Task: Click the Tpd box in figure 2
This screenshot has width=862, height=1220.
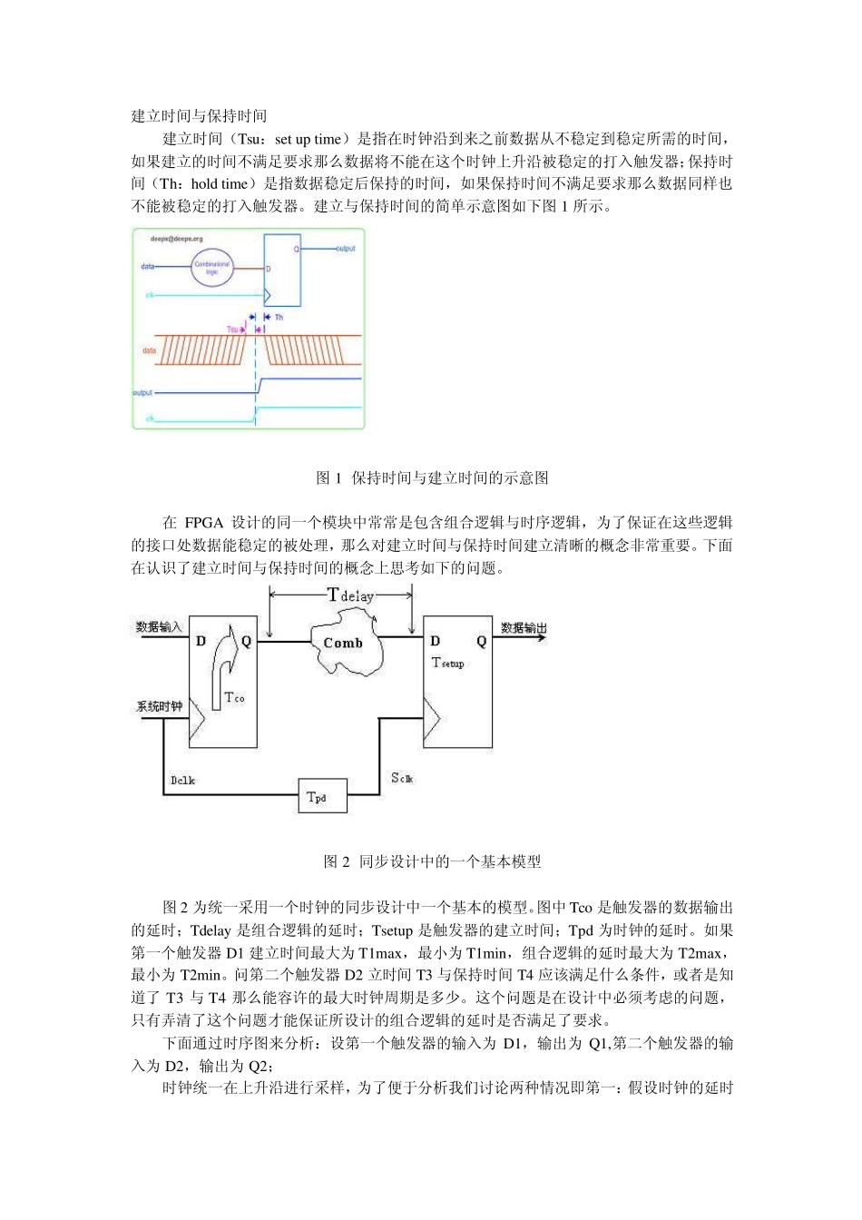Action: coord(322,796)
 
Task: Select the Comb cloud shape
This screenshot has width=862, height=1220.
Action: coord(347,643)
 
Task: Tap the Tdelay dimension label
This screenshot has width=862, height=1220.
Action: coord(350,595)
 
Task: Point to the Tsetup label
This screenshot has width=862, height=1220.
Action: coord(447,663)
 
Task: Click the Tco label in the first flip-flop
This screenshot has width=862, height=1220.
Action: coord(234,697)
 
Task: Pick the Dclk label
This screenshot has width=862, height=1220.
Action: coord(182,780)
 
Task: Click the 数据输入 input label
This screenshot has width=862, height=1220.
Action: coord(159,626)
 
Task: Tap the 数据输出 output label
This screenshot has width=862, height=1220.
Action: coord(524,626)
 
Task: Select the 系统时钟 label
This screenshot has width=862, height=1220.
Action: coord(160,706)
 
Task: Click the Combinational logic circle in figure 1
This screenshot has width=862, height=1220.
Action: coord(212,267)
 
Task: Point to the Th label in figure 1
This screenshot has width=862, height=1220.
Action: coord(279,317)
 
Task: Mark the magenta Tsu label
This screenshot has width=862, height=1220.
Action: coord(232,330)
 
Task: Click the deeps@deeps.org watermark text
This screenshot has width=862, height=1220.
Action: coord(175,240)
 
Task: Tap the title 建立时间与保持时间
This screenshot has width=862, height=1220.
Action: coord(199,115)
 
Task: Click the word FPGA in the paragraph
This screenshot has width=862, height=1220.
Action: coord(204,522)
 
